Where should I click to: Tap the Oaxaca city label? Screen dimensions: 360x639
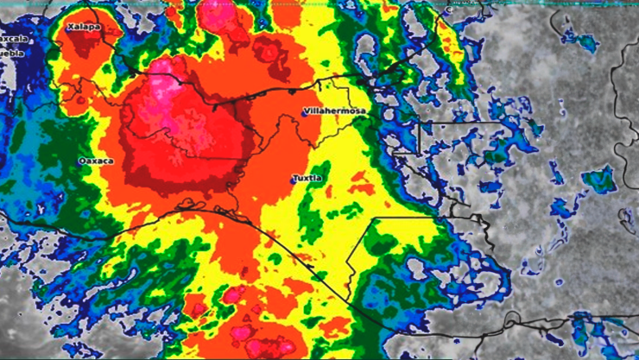point(95,161)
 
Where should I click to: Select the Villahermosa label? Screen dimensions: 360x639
point(334,111)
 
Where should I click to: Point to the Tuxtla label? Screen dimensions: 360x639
point(308,178)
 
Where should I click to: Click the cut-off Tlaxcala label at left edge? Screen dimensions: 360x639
point(13,39)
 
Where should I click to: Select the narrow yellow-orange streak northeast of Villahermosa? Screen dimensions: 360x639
point(449,47)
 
